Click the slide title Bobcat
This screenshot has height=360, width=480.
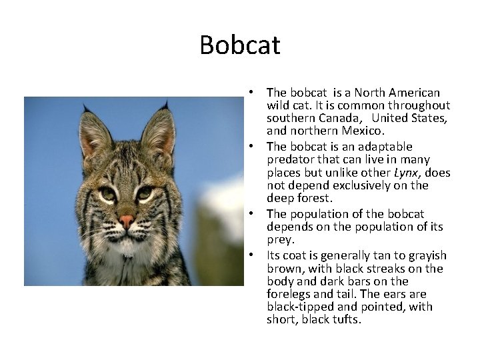[240, 45]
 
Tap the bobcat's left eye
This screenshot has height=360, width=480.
[107, 194]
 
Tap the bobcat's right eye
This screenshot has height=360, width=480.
[144, 193]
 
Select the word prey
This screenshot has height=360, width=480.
[280, 240]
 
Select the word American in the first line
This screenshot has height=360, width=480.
[415, 93]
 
